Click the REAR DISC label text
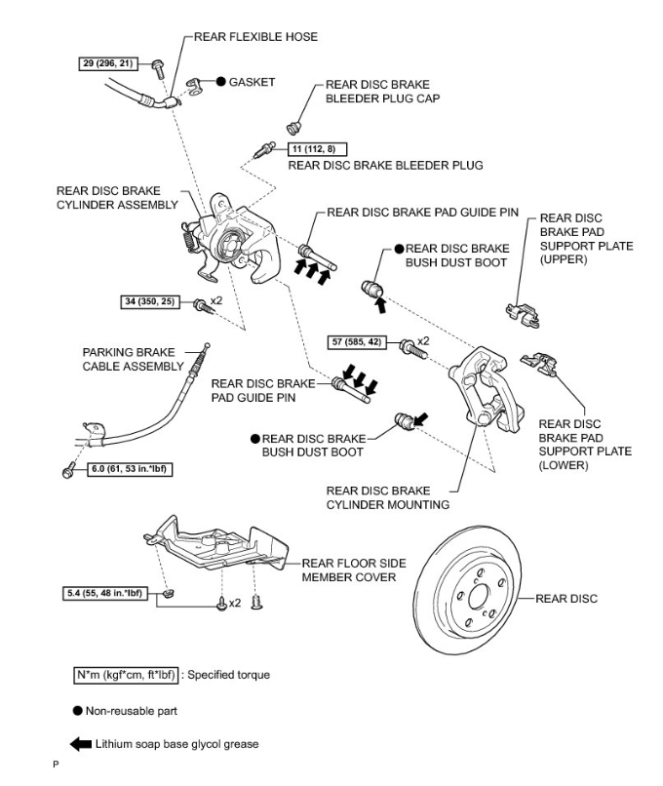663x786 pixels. (566, 598)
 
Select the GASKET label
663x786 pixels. (252, 82)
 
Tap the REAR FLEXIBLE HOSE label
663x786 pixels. (256, 37)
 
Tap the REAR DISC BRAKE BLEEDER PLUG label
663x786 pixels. (385, 166)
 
